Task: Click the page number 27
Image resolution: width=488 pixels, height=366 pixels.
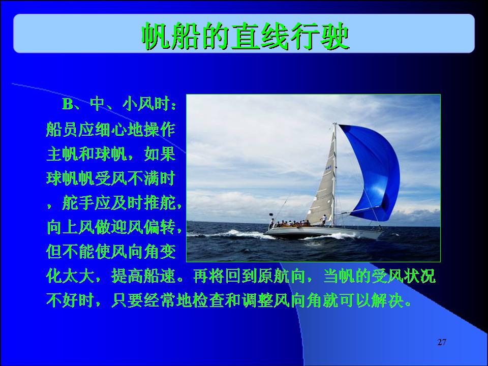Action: tap(442, 342)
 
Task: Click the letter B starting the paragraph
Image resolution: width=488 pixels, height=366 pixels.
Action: tap(68, 104)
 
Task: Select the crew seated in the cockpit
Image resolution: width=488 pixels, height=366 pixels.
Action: tap(290, 224)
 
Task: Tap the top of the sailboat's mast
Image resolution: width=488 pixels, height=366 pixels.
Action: tap(335, 124)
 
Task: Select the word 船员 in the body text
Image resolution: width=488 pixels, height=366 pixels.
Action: tap(62, 129)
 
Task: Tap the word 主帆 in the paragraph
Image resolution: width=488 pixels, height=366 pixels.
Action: tap(62, 154)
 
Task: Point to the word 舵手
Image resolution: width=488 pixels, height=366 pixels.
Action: tap(78, 203)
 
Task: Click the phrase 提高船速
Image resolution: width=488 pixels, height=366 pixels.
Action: tap(143, 276)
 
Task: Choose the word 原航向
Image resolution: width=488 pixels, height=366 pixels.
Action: tap(281, 276)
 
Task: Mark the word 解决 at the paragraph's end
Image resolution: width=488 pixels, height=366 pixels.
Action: tap(388, 300)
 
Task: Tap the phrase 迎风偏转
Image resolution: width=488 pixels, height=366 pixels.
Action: tap(143, 227)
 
